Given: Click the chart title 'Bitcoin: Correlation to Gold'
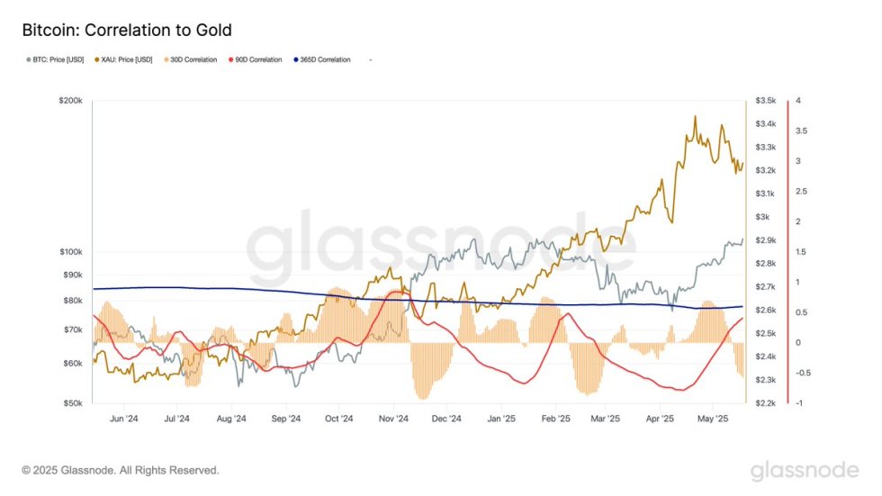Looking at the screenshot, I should coord(126,31).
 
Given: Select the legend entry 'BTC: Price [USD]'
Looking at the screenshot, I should coord(55,59).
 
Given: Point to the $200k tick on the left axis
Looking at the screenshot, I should coord(70,101).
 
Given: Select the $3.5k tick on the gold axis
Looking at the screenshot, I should coord(766,101).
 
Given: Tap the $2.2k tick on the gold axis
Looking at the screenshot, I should coord(766,403).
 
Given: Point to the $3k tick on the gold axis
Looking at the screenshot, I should coord(762,217).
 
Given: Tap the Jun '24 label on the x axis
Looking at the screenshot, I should coord(123,419).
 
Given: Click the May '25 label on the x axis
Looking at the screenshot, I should coord(713,419).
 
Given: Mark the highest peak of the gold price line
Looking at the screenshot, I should coord(695,116).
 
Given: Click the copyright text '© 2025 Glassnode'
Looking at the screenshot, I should coord(120,470).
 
